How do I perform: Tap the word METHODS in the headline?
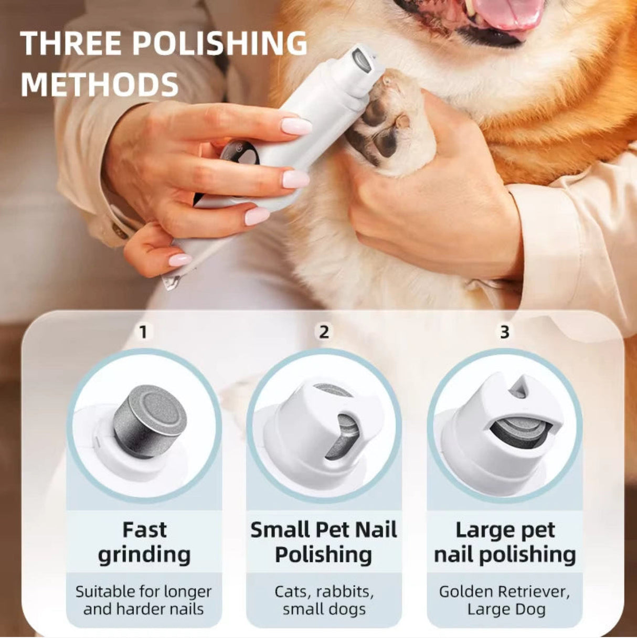coord(100,84)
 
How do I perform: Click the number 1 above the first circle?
coord(143,332)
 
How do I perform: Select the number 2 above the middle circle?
coord(324,332)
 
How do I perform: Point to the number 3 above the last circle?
coord(504,332)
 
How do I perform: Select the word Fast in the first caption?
coord(144,530)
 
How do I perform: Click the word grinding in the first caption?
coord(144,555)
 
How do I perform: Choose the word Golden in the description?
coord(466,592)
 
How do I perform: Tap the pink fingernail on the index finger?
coord(296,126)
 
